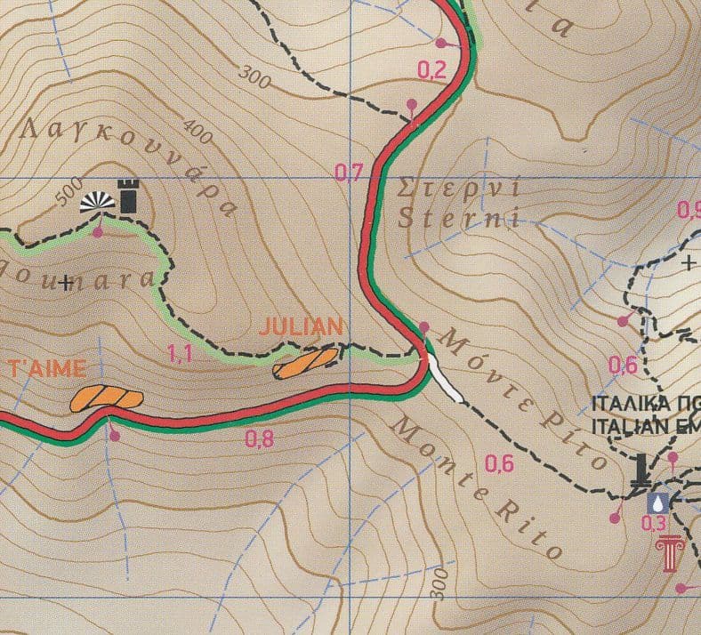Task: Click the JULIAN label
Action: [300, 326]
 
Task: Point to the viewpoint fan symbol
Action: [97, 203]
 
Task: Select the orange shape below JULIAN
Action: [307, 362]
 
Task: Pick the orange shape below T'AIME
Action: [106, 398]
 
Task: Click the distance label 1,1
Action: [180, 354]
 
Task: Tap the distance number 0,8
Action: [259, 438]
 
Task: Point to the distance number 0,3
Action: [654, 524]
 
